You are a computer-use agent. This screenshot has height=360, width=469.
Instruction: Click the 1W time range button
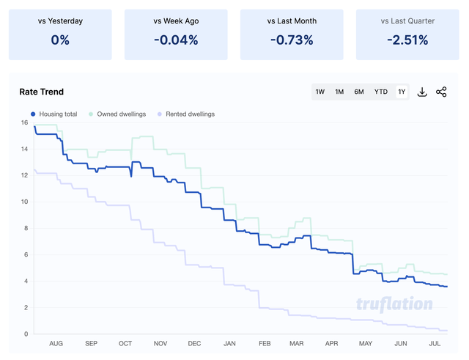point(320,92)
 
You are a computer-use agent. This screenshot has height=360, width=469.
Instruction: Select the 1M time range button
point(339,92)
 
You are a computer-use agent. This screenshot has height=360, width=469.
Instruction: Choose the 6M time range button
point(359,92)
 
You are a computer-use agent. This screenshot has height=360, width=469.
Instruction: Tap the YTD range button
point(381,92)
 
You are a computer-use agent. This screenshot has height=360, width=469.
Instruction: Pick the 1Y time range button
point(402,92)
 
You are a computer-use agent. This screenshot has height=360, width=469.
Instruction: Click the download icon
point(422,92)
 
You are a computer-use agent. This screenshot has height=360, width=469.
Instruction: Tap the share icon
point(441,92)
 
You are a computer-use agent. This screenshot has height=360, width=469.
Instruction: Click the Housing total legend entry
point(54,114)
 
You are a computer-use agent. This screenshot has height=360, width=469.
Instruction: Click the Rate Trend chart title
point(42,92)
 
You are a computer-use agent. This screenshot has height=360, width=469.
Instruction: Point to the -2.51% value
point(407,40)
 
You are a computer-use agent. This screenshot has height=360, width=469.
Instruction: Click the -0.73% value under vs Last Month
point(292,40)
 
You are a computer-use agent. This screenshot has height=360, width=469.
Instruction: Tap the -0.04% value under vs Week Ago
point(176,40)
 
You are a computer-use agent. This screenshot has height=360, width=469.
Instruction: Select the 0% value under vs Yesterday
point(60,40)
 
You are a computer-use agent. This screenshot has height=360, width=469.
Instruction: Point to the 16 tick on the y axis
point(24,122)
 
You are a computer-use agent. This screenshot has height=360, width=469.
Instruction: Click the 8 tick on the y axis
point(26,228)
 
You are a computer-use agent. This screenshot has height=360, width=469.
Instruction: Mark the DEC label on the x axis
point(194,343)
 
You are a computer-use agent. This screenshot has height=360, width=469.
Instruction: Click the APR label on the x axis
point(332,343)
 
